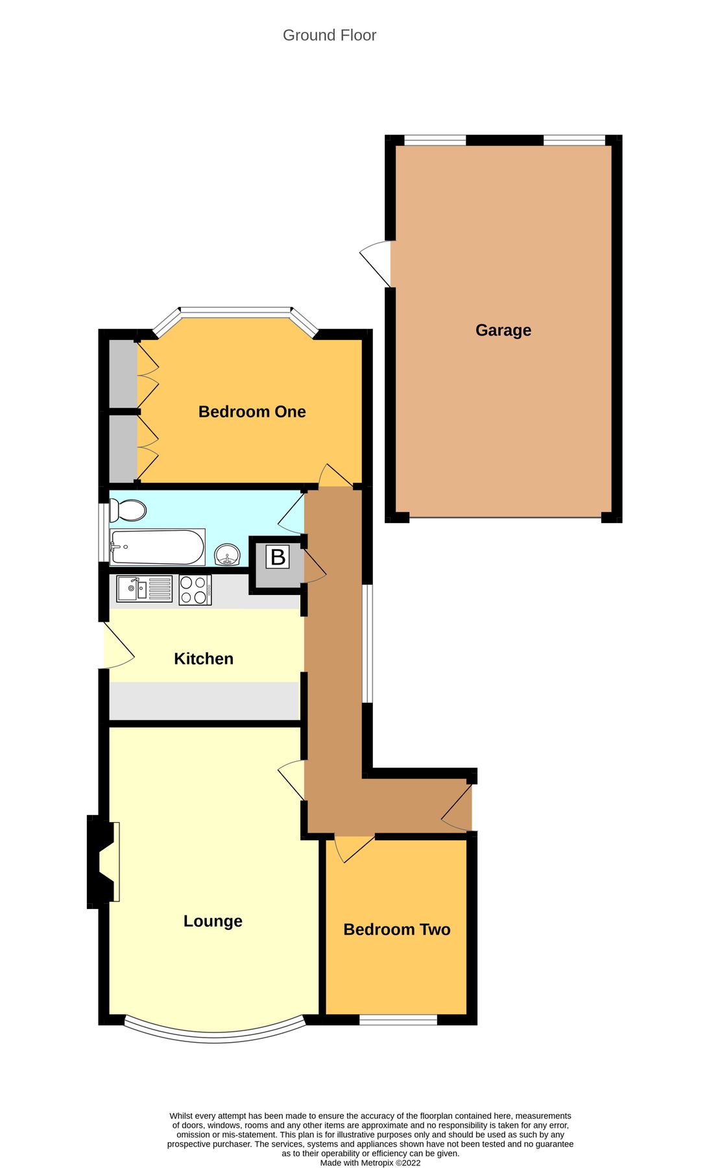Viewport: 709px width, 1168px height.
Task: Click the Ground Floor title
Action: [329, 35]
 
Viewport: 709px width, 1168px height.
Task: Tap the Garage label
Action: [503, 330]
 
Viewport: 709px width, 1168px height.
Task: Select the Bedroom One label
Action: [252, 411]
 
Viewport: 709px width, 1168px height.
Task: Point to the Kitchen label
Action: [203, 659]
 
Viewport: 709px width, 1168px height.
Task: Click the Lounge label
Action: [213, 921]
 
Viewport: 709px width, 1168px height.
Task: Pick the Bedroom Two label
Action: [396, 929]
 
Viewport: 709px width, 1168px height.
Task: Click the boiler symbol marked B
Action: [278, 557]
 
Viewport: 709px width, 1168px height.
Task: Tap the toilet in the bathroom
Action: [127, 510]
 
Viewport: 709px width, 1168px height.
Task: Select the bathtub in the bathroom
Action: [158, 547]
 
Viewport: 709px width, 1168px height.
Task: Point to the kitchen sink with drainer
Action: [144, 589]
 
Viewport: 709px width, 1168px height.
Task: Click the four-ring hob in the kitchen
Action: [195, 590]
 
